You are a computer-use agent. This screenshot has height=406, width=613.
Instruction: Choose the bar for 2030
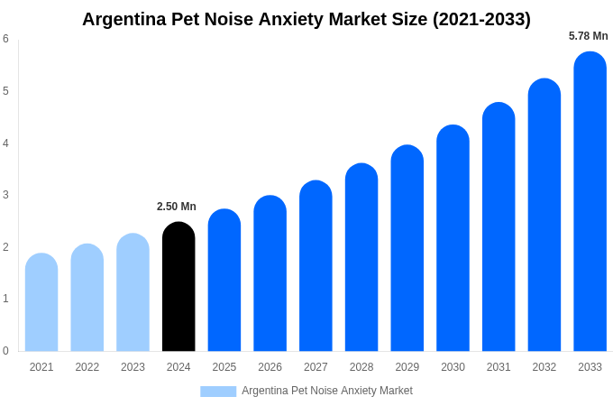pos(453,238)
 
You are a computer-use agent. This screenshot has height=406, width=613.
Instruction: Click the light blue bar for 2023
pos(133,292)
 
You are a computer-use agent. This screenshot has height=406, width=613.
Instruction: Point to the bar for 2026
pos(270,273)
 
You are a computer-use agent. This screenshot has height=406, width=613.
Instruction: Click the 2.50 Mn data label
pos(177,207)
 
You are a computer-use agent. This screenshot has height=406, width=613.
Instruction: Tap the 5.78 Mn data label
pos(588,36)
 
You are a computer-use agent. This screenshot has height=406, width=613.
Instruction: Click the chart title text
pos(306,19)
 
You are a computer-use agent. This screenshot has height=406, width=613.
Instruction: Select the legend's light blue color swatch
pos(218,392)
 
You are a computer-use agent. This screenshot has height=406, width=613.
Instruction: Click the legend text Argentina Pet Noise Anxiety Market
pos(326,391)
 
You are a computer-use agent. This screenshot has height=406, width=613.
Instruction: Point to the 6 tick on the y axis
pos(5,39)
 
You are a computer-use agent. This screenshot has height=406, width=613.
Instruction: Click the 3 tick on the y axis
pos(5,195)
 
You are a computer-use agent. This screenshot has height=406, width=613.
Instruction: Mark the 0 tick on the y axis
pos(5,351)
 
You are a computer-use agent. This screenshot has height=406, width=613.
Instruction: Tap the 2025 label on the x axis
pos(224,367)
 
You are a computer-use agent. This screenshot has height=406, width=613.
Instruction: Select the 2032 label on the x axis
pos(544,367)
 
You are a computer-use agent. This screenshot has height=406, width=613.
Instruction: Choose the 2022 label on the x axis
pos(87,367)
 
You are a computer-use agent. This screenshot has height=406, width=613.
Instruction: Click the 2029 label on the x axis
pos(407,367)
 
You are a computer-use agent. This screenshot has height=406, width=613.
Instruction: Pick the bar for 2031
pos(499,226)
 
